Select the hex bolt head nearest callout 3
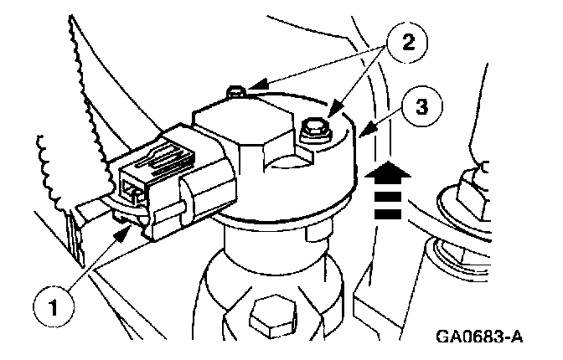click(312, 128)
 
